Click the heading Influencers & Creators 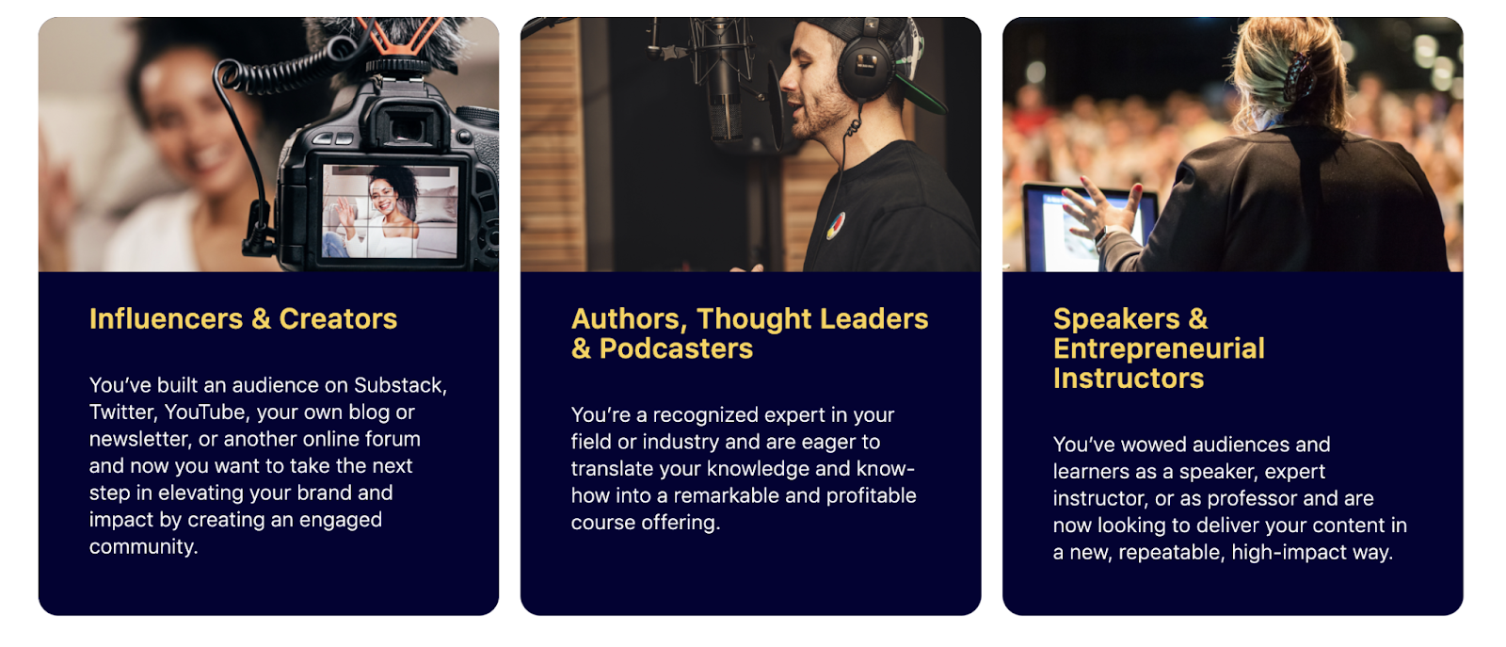pyautogui.click(x=244, y=319)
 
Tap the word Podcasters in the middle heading pyautogui.click(x=676, y=348)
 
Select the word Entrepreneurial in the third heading pyautogui.click(x=1159, y=348)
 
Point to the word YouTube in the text pyautogui.click(x=205, y=412)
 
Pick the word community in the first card pyautogui.click(x=144, y=547)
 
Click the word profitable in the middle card pyautogui.click(x=872, y=495)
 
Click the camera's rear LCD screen pyautogui.click(x=391, y=211)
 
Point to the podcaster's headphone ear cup pyautogui.click(x=865, y=71)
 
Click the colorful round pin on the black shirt pyautogui.click(x=836, y=227)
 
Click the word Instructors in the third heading pyautogui.click(x=1129, y=378)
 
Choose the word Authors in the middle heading pyautogui.click(x=630, y=319)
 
